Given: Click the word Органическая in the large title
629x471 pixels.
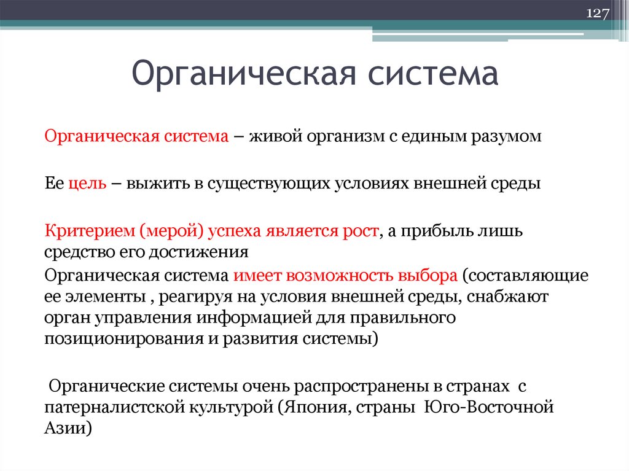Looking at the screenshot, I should click(240, 74).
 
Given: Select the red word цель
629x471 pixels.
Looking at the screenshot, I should click(87, 183).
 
